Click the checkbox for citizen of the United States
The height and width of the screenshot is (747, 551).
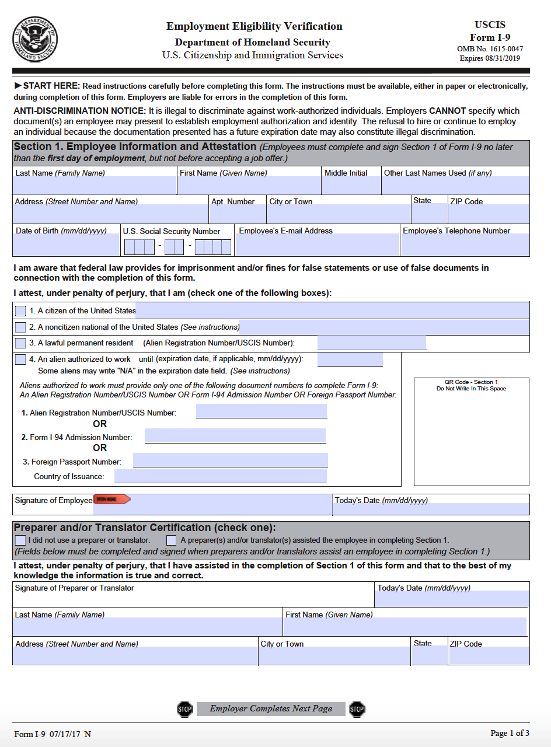tap(20, 310)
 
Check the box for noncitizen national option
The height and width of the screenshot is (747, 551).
tap(20, 327)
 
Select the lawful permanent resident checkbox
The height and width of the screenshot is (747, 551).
tap(20, 343)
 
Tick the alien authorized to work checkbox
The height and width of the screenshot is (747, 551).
tap(20, 359)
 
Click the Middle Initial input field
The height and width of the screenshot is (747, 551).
tap(351, 186)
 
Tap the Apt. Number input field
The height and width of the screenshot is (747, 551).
tap(238, 214)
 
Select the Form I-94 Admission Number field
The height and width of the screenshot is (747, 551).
tap(235, 436)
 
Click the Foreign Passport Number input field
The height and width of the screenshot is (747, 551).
tap(230, 460)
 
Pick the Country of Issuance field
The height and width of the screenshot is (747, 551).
tap(220, 476)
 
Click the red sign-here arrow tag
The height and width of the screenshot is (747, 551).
tap(112, 500)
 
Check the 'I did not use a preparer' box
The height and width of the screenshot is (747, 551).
tap(20, 540)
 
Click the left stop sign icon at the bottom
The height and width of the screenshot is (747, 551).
tap(184, 709)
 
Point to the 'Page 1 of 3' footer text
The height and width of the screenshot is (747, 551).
tap(510, 733)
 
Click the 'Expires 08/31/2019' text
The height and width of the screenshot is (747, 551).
tap(490, 58)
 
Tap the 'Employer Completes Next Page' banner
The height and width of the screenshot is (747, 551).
tap(271, 708)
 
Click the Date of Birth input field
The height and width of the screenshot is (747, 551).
tap(66, 245)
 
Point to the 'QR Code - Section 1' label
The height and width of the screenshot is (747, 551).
tap(471, 382)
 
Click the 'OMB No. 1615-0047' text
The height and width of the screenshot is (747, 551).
tap(490, 49)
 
